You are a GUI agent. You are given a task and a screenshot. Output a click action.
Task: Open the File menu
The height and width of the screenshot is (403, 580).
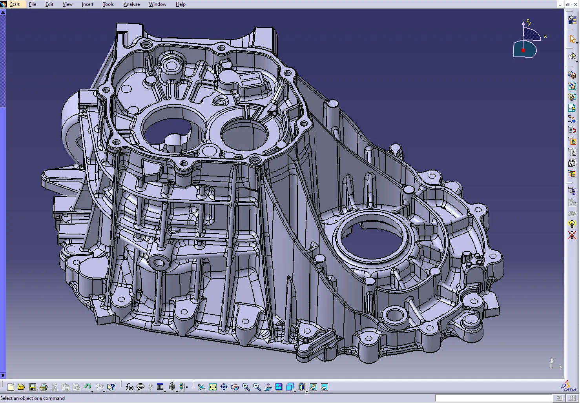tap(33, 4)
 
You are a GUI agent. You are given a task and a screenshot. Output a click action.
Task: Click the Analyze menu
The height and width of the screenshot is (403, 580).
tap(131, 4)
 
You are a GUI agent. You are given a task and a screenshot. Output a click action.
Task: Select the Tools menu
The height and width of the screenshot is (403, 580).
tap(108, 4)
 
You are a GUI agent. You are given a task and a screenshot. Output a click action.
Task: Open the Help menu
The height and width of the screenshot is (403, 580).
tap(181, 4)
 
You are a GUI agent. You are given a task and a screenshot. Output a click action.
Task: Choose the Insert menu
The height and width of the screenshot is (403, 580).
tap(88, 4)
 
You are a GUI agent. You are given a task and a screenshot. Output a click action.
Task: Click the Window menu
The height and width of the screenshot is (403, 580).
tap(157, 4)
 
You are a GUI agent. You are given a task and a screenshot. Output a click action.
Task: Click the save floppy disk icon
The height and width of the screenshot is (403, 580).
tap(33, 387)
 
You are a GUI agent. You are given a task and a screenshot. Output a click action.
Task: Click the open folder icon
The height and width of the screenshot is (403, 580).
tap(21, 387)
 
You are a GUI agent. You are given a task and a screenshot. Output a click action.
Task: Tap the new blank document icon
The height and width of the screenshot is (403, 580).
tap(11, 387)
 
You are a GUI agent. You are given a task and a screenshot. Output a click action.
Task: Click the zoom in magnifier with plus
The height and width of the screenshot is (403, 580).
tap(246, 387)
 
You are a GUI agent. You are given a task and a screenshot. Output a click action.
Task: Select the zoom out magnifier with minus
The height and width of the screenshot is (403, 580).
tap(257, 387)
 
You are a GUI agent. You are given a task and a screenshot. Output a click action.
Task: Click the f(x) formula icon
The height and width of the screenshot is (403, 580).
tap(129, 387)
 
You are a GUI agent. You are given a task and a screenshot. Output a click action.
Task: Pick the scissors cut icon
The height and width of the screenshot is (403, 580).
tap(54, 387)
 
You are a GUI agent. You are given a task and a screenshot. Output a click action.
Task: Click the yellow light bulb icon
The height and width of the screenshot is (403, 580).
tap(572, 224)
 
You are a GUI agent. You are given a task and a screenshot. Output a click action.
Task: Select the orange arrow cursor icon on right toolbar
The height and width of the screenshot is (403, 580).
tap(572, 39)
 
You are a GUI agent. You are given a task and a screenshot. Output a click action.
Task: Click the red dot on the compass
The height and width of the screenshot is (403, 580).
tap(523, 50)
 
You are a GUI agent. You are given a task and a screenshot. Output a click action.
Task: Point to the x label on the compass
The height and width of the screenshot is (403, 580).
tap(545, 36)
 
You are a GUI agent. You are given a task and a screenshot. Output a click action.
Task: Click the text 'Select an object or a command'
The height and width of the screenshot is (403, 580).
tap(33, 398)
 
